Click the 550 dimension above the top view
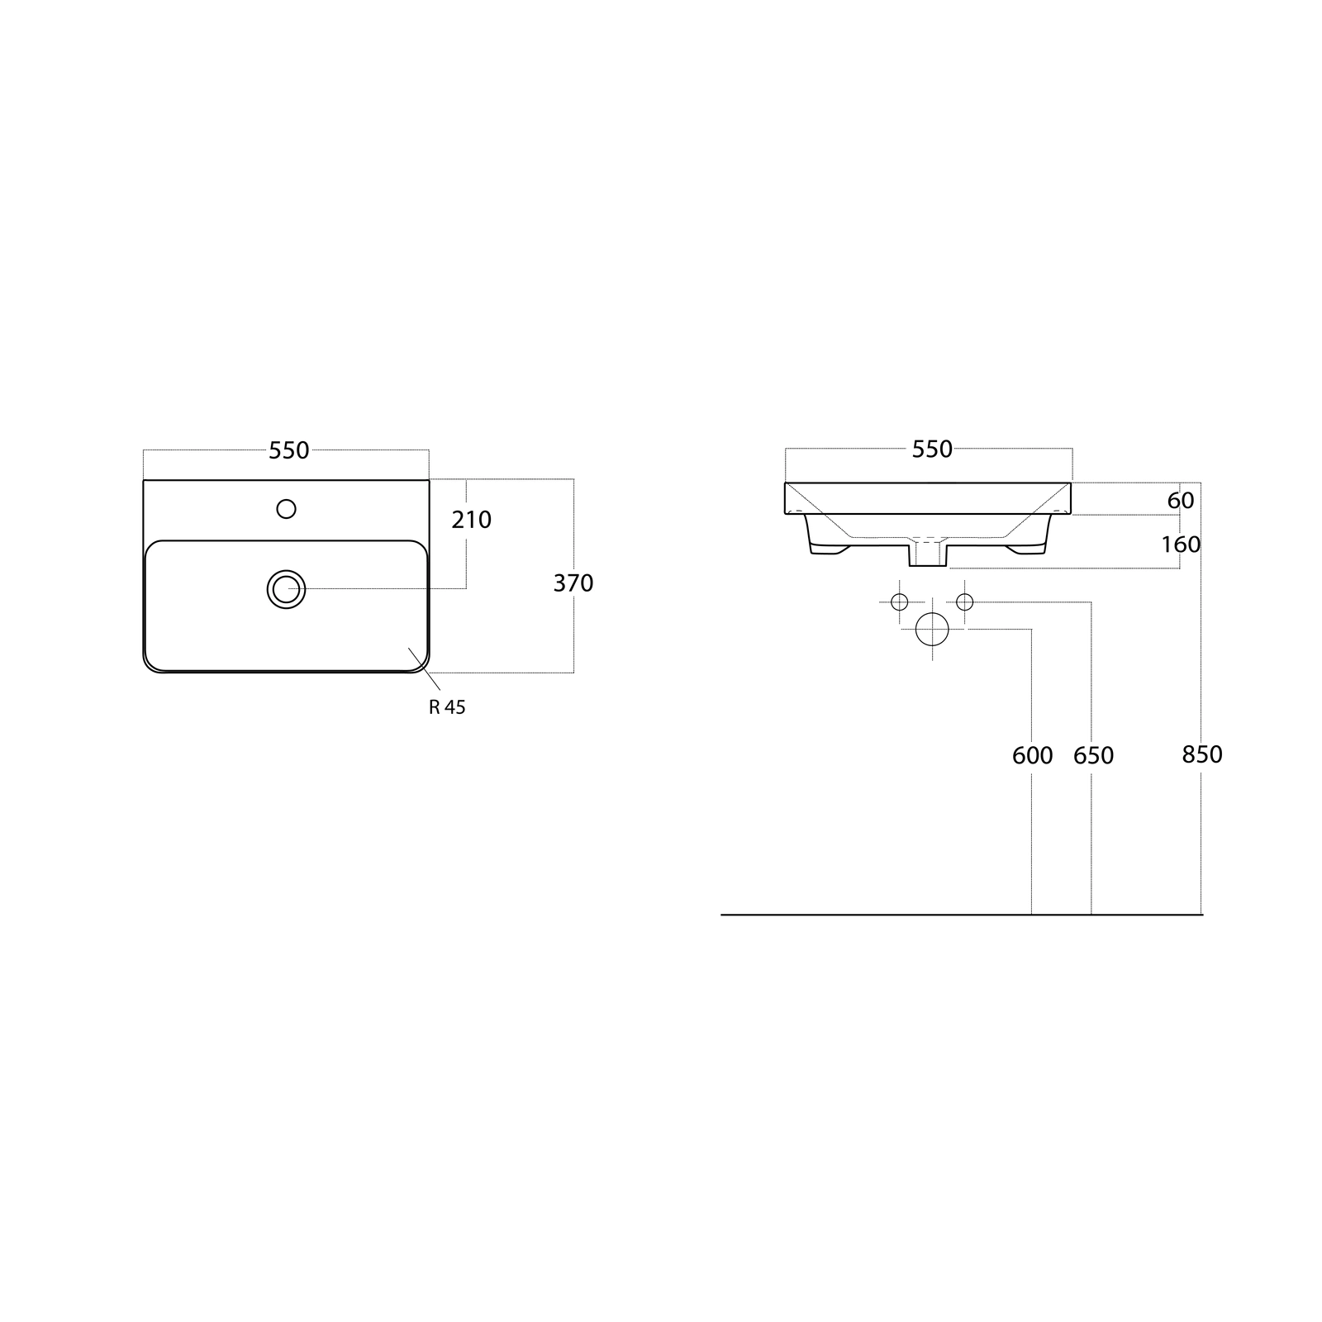(289, 450)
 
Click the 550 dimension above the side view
(932, 449)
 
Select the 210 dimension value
(472, 520)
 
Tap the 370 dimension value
(573, 583)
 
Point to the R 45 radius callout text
(447, 707)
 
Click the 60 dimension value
(1181, 501)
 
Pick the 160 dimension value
(1181, 544)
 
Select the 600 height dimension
(1033, 755)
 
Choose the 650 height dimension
(1093, 755)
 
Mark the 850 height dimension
(1202, 754)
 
